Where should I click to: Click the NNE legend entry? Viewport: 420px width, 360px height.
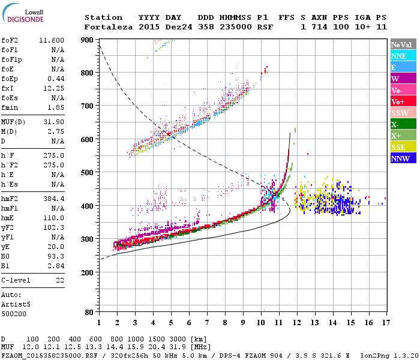point(401,56)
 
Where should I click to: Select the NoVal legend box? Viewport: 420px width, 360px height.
point(401,44)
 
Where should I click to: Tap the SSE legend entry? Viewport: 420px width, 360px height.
point(401,147)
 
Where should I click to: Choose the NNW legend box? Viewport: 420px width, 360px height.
point(401,158)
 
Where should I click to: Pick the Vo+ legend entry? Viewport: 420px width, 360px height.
point(401,101)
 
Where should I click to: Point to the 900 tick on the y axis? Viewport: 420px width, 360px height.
point(88,40)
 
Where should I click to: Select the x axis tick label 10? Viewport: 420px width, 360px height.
point(260,323)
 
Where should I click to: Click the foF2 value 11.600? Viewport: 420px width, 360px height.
point(52,40)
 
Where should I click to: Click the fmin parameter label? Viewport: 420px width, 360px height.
point(11,107)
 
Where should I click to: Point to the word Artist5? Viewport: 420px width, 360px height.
point(16,304)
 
